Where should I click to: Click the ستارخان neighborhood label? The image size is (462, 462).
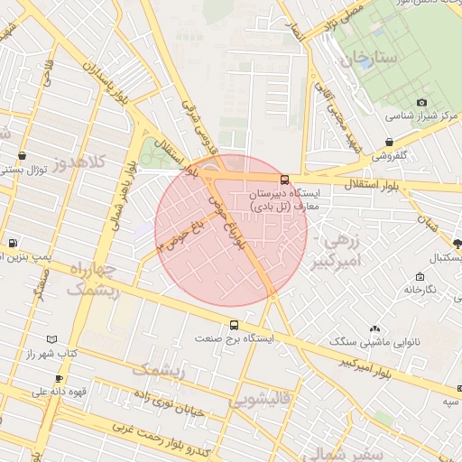click(369, 60)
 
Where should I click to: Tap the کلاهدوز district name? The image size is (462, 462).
click(79, 162)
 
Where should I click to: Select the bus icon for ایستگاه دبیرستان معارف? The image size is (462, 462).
click(285, 179)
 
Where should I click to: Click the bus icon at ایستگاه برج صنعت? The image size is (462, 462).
click(235, 325)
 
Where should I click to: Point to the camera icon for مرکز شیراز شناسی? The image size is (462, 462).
click(421, 103)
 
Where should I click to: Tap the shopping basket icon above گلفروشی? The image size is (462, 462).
click(389, 143)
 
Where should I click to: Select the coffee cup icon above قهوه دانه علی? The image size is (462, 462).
click(60, 378)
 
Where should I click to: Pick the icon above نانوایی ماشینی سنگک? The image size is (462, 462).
click(375, 328)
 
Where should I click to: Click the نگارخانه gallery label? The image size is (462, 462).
click(420, 289)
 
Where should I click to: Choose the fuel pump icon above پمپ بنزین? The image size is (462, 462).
click(12, 243)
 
